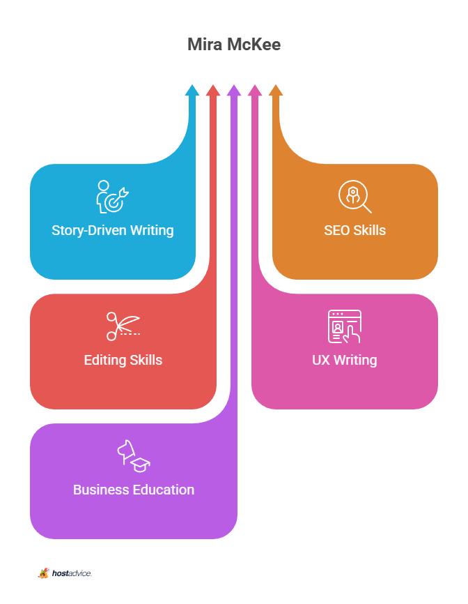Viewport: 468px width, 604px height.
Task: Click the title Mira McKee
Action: point(234,45)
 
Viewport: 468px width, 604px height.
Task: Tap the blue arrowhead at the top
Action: point(192,90)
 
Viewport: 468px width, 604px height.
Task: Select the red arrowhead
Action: point(213,90)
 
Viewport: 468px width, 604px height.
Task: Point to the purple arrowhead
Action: point(234,90)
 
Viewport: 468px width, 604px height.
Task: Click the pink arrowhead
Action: point(255,90)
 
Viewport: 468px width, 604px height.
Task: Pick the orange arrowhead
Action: point(276,90)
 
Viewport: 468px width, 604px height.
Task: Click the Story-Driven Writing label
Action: point(113,230)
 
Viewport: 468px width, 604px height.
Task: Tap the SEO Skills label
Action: point(355,230)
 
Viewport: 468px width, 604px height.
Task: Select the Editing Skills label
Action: point(123,360)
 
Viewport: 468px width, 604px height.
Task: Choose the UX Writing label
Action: point(345,360)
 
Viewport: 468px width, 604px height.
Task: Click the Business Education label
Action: point(134,490)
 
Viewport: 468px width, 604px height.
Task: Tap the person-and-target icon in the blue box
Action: point(112,197)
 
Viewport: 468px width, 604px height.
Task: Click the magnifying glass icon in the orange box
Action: point(355,197)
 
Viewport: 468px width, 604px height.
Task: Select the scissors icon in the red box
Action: point(123,326)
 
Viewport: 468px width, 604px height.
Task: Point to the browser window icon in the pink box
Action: point(345,326)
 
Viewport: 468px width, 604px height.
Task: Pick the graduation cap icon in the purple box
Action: point(141,465)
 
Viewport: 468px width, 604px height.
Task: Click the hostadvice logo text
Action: point(72,573)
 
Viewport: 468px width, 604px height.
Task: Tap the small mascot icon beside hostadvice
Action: point(43,573)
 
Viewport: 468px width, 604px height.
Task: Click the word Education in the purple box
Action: point(164,490)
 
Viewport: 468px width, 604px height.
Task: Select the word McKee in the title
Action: point(253,45)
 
